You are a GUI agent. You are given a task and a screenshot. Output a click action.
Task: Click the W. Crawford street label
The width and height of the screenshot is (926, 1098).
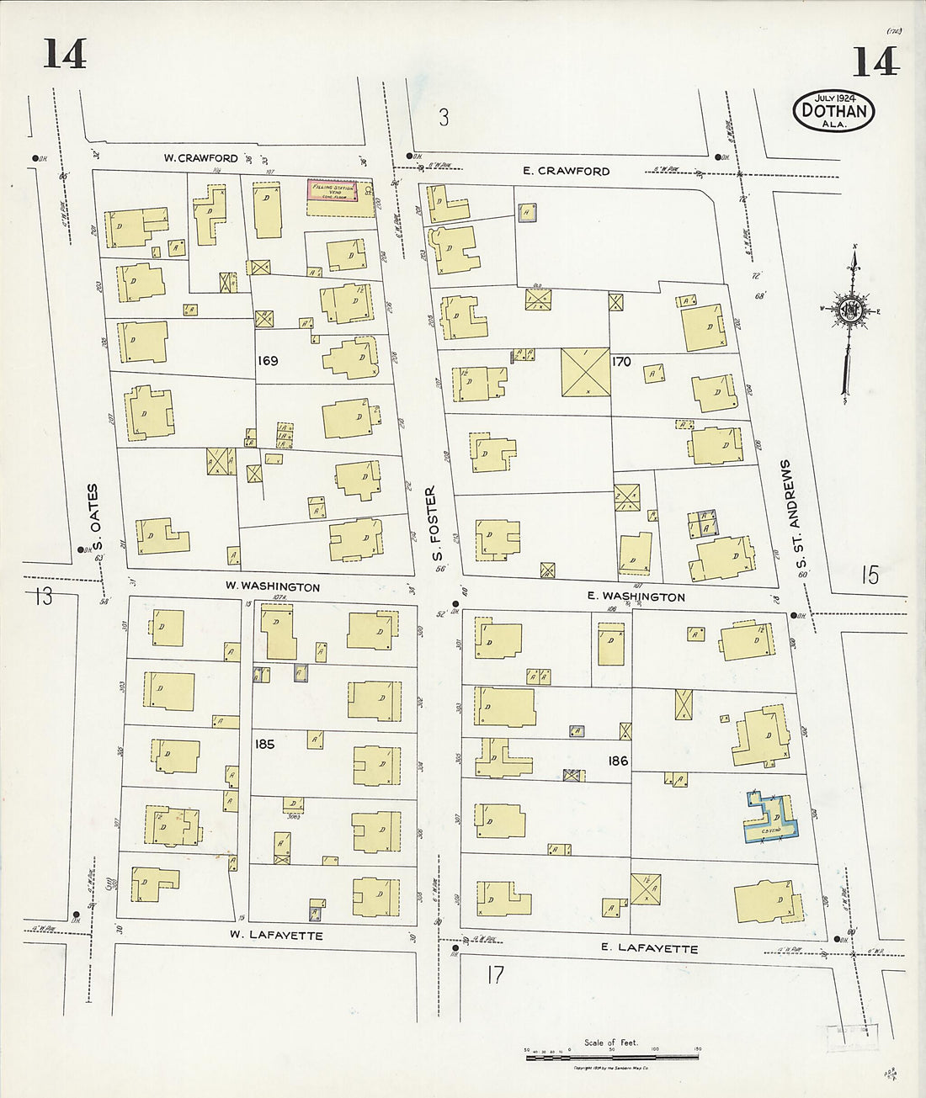coord(200,158)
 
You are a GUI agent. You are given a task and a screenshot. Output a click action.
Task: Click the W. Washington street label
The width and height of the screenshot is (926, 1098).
coord(271,586)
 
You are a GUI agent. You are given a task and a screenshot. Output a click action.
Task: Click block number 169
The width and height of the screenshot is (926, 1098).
coord(269,361)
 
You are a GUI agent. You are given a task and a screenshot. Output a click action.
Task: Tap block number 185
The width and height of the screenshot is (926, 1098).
coord(264,744)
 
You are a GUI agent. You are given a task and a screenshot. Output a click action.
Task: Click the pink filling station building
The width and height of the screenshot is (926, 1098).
coord(331,191)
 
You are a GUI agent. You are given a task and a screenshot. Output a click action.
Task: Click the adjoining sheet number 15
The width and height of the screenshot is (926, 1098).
coord(870,576)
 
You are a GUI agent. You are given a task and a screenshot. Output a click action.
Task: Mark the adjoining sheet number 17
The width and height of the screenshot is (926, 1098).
coord(495,975)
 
